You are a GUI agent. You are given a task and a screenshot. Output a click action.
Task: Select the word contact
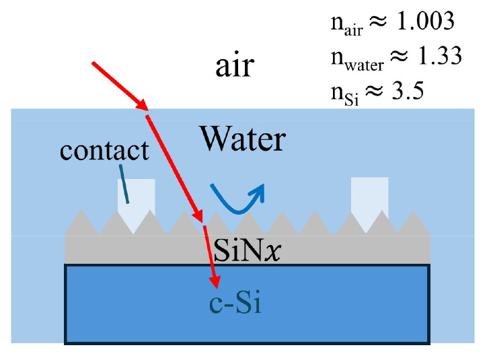tap(104, 149)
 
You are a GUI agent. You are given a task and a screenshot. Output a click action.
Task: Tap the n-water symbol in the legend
tap(354, 59)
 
